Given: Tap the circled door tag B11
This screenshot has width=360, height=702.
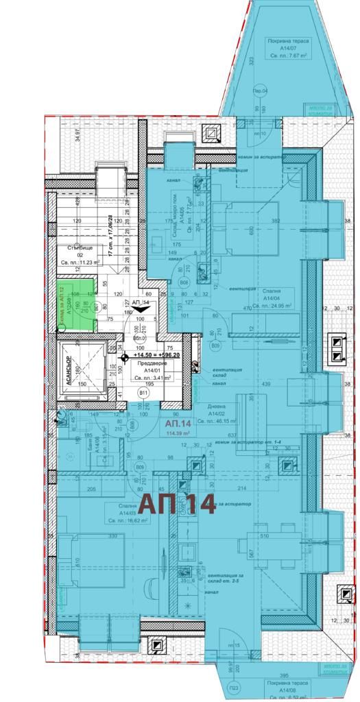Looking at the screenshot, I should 144,393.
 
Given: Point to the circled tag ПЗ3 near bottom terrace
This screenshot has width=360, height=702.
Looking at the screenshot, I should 235,688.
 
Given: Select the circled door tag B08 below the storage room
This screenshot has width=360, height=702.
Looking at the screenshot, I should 184,282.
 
